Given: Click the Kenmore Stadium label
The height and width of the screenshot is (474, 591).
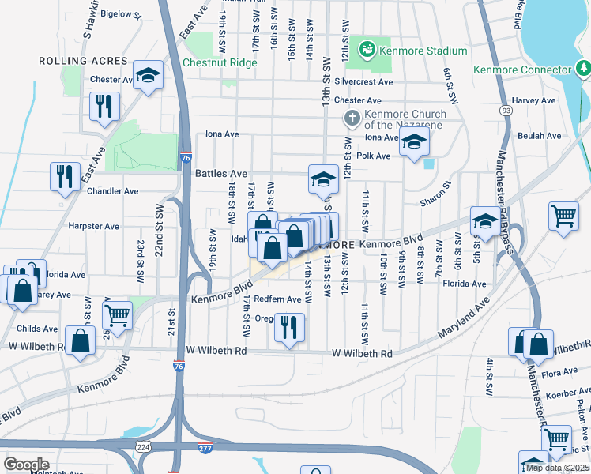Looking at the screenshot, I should click(x=423, y=51).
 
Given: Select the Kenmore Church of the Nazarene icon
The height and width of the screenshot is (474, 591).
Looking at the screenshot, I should click(x=352, y=119).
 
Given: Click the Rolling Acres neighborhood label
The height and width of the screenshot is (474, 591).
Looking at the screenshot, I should click(x=83, y=61).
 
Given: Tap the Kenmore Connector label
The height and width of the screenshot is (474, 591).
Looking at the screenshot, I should click(x=521, y=70).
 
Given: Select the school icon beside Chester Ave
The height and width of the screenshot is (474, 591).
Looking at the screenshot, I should click(x=148, y=76).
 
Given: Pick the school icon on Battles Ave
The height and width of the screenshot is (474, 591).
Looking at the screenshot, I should click(x=323, y=179).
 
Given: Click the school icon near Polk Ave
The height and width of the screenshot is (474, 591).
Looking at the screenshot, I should click(x=413, y=144).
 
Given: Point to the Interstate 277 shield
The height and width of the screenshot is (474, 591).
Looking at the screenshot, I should click(x=205, y=446).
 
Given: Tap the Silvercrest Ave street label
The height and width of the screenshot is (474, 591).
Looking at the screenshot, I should click(x=363, y=81).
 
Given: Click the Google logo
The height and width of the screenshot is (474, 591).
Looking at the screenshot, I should click(x=26, y=465).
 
